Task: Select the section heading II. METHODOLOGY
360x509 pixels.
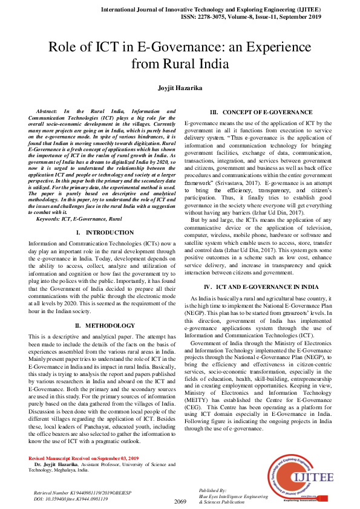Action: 105,325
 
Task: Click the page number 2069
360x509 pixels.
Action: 180,502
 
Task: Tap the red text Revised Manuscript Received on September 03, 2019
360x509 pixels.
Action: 91,458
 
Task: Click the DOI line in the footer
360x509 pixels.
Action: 71,499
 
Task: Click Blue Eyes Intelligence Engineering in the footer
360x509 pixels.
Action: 234,496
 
